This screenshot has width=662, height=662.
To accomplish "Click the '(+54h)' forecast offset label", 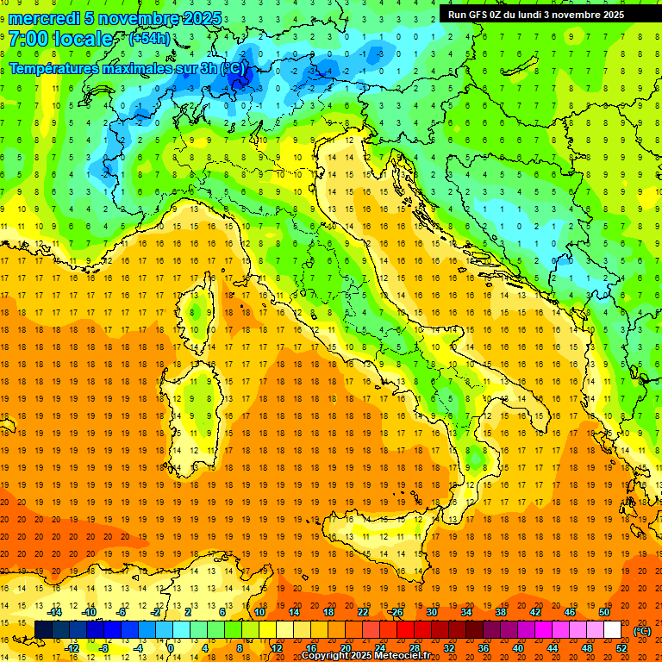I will (x=149, y=39).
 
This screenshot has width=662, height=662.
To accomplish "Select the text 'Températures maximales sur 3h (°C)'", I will (x=126, y=68).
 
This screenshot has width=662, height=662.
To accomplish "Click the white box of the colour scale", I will (x=612, y=630).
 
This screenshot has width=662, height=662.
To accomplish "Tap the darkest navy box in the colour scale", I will (x=43, y=630).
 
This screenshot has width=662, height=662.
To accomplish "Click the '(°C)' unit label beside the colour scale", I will (x=642, y=631).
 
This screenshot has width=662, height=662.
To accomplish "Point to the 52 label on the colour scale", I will (x=621, y=648).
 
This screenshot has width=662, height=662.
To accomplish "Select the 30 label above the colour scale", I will (x=432, y=612).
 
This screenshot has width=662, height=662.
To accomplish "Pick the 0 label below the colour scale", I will (x=170, y=648).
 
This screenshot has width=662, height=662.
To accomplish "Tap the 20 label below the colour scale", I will (x=345, y=648).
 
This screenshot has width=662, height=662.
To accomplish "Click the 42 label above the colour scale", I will (x=535, y=612).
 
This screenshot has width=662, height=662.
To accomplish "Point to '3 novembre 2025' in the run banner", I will (x=582, y=14).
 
